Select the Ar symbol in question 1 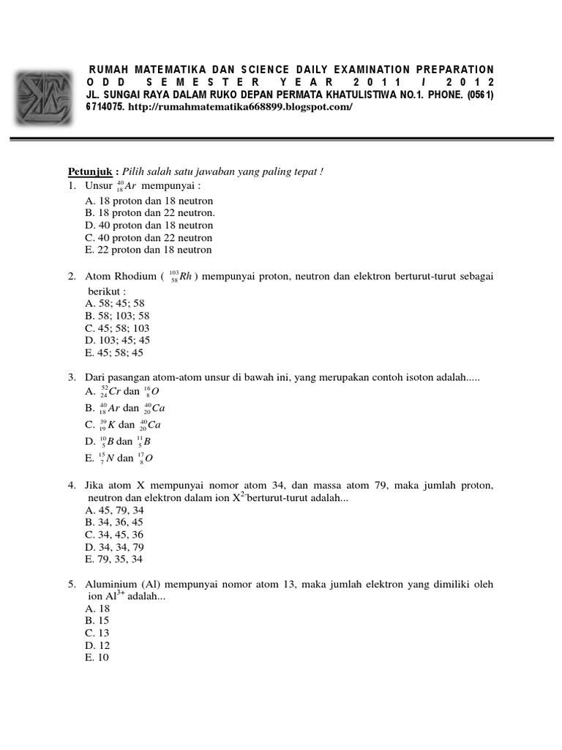[x=132, y=186]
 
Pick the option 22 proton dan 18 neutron [x=149, y=250]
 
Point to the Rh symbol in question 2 [x=185, y=277]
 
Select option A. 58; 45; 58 [x=115, y=302]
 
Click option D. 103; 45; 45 [x=117, y=340]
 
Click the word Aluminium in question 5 [x=108, y=584]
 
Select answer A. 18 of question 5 [x=97, y=609]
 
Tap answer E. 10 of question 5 [x=97, y=658]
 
